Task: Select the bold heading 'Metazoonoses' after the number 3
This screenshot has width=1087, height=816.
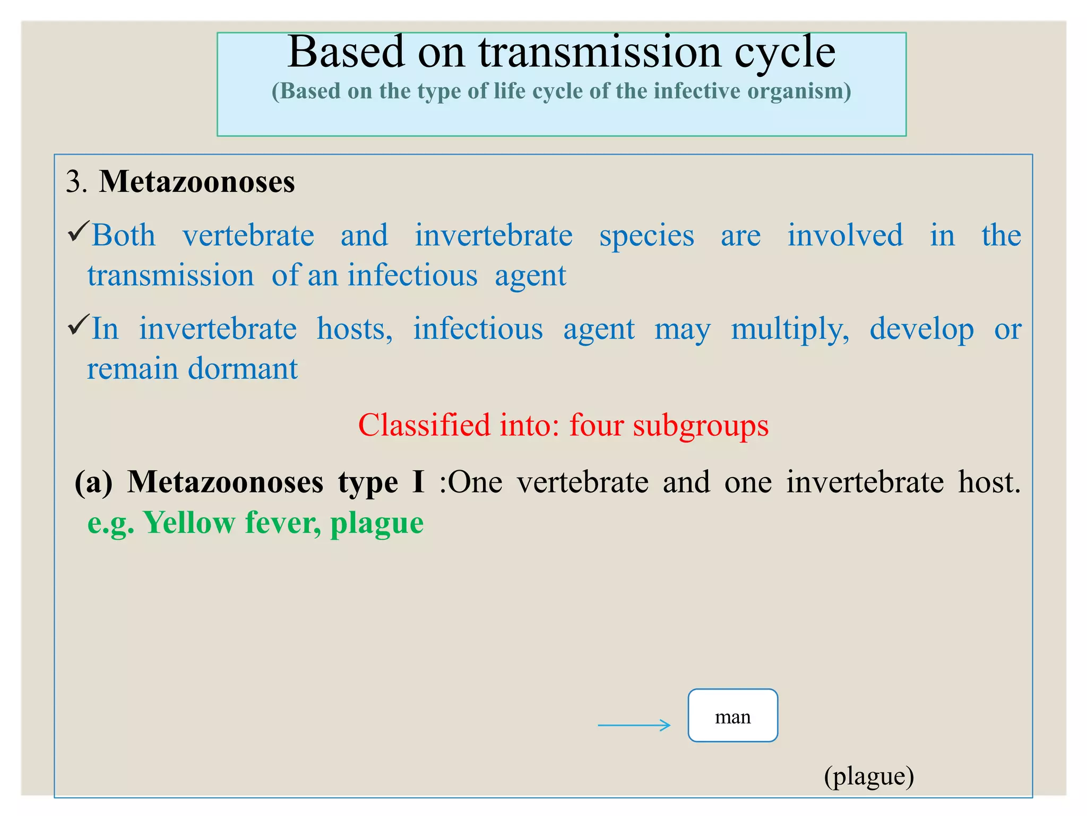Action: pos(196,182)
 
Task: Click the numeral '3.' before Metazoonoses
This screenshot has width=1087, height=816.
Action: pos(76,182)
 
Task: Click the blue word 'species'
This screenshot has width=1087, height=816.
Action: pos(646,236)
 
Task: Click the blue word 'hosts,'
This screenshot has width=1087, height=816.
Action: pos(355,329)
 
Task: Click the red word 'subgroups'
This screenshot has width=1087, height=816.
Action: pos(701,427)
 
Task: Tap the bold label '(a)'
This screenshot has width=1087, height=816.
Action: pos(93,482)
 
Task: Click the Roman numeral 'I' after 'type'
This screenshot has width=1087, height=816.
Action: pos(418,482)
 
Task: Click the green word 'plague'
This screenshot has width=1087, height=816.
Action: pos(377,524)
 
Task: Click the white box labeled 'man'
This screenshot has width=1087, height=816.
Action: pos(732,716)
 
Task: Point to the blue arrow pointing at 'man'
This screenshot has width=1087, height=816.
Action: pos(634,725)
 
